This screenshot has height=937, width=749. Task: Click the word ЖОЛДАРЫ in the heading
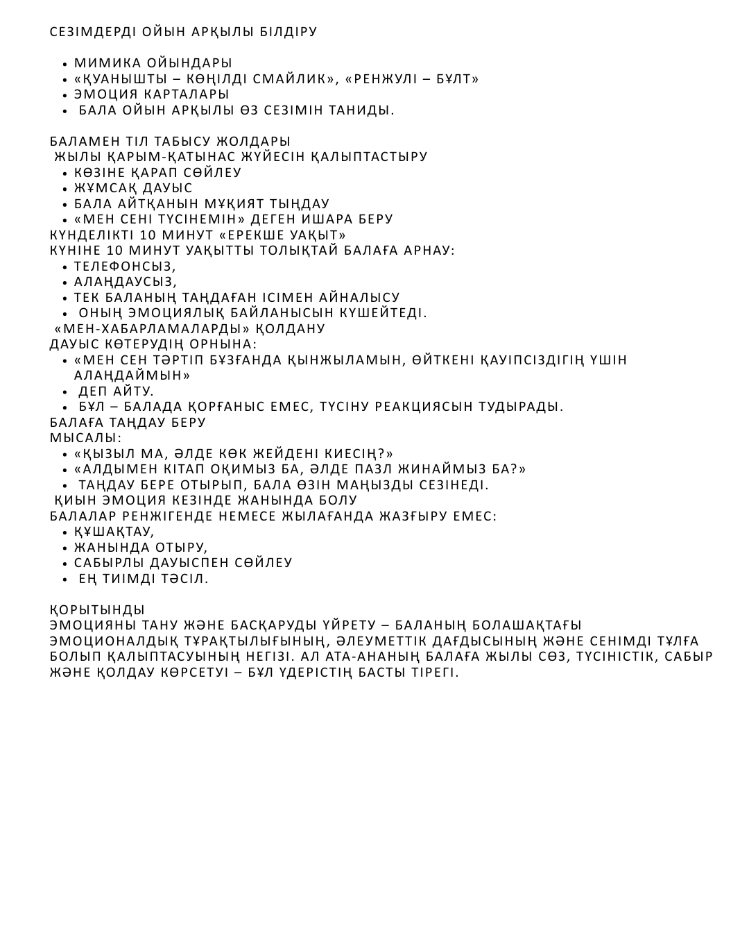tap(258, 142)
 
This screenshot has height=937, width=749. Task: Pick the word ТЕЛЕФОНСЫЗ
tap(125, 267)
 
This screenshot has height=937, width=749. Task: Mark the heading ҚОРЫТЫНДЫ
tap(97, 610)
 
